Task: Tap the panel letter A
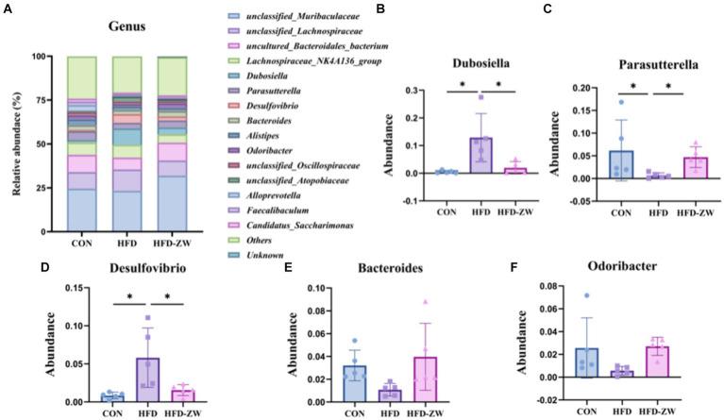tap(7, 7)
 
